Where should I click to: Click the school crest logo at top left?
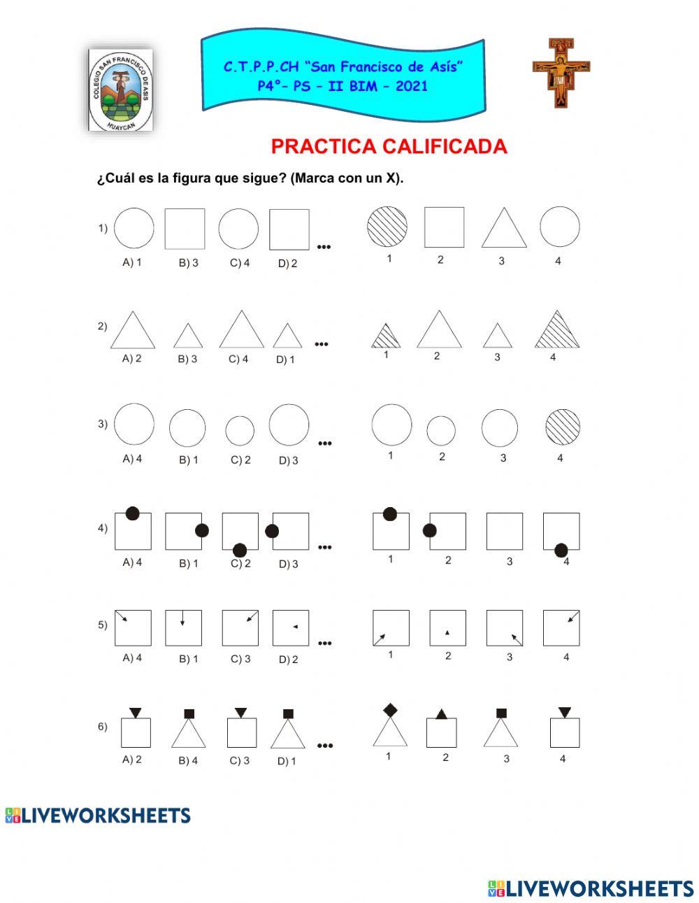pyautogui.click(x=120, y=89)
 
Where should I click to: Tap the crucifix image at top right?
pyautogui.click(x=561, y=72)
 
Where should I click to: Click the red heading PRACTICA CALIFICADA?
pyautogui.click(x=389, y=147)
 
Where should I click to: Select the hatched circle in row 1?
pyautogui.click(x=388, y=227)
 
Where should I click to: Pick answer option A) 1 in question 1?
pyautogui.click(x=132, y=262)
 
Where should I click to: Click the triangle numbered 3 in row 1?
pyautogui.click(x=503, y=229)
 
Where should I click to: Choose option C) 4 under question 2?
pyautogui.click(x=238, y=359)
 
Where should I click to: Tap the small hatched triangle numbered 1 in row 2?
pyautogui.click(x=386, y=336)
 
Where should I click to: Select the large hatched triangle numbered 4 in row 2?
pyautogui.click(x=557, y=331)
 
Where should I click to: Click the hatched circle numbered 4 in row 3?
pyautogui.click(x=562, y=428)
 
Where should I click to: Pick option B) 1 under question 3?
pyautogui.click(x=188, y=460)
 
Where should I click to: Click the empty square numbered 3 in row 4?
pyautogui.click(x=504, y=532)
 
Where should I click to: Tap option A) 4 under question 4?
pyautogui.click(x=132, y=562)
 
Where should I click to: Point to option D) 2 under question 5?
pyautogui.click(x=288, y=659)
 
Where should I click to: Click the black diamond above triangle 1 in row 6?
pyautogui.click(x=390, y=711)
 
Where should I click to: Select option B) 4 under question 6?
pyautogui.click(x=188, y=760)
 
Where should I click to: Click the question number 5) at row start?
pyautogui.click(x=103, y=625)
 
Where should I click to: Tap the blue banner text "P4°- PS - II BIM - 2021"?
pyautogui.click(x=342, y=86)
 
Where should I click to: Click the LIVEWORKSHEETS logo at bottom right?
pyautogui.click(x=591, y=888)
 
